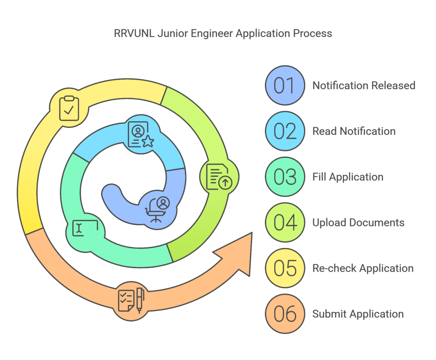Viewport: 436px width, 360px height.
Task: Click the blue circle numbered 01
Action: [x=285, y=86]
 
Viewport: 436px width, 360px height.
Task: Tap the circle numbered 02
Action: [x=285, y=131]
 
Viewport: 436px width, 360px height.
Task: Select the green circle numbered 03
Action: [x=285, y=177]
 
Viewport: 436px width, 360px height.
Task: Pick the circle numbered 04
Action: [x=285, y=223]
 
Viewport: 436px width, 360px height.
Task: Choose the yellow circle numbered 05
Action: [x=285, y=268]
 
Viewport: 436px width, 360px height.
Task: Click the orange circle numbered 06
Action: [x=285, y=314]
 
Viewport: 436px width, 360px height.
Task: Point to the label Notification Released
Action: [x=364, y=86]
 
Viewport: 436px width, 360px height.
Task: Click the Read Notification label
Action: [x=354, y=131]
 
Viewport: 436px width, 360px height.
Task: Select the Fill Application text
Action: [x=348, y=177]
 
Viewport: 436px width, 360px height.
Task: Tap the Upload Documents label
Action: [x=358, y=223]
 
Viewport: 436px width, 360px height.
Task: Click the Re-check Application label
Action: [x=363, y=268]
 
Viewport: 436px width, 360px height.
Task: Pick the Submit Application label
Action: [x=358, y=314]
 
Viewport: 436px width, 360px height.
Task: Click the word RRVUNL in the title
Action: [x=134, y=33]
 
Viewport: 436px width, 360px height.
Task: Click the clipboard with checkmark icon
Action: [x=69, y=108]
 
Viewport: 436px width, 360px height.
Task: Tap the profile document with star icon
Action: [x=141, y=134]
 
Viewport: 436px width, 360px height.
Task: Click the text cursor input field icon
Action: [x=85, y=228]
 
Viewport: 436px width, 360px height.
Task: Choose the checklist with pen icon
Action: [x=131, y=301]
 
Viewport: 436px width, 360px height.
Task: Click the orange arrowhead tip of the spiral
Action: [x=252, y=233]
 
